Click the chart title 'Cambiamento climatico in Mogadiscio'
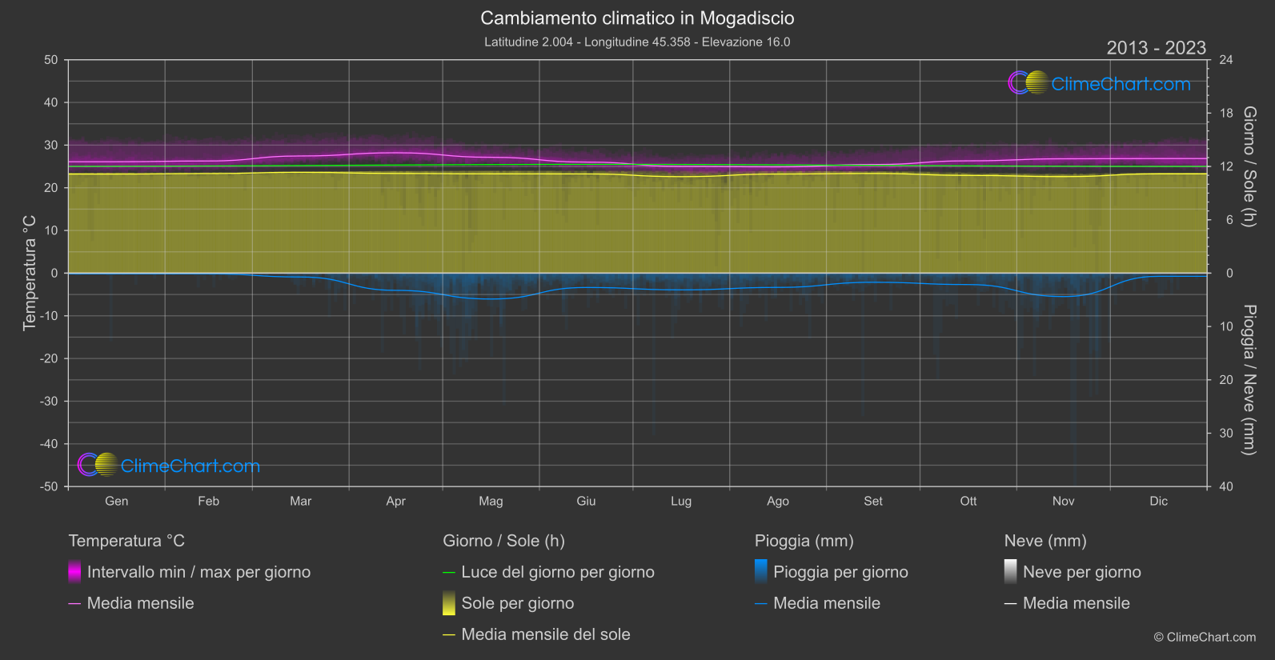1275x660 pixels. point(637,18)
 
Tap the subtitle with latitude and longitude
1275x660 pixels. point(637,42)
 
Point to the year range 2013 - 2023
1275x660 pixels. point(1156,48)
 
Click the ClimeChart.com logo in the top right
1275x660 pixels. point(1099,83)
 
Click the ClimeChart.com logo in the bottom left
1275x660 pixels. point(169,466)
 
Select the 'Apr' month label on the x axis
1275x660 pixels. point(395,502)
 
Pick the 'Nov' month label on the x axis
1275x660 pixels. point(1063,502)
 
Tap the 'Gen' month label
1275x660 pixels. point(116,502)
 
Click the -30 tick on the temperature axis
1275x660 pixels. point(50,402)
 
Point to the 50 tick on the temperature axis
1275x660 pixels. point(51,60)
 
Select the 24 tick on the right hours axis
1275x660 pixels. point(1225,60)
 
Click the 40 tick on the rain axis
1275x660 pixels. point(1225,486)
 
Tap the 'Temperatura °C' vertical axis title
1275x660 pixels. point(30,273)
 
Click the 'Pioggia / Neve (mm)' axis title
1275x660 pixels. point(1249,380)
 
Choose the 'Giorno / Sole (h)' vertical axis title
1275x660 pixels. point(1249,166)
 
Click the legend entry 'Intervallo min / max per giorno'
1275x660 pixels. point(198,572)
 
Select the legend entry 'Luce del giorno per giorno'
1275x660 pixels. point(557,572)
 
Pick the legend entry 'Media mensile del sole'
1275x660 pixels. point(545,634)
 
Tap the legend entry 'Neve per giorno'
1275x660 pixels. point(1081,572)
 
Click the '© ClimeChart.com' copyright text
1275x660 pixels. point(1205,638)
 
